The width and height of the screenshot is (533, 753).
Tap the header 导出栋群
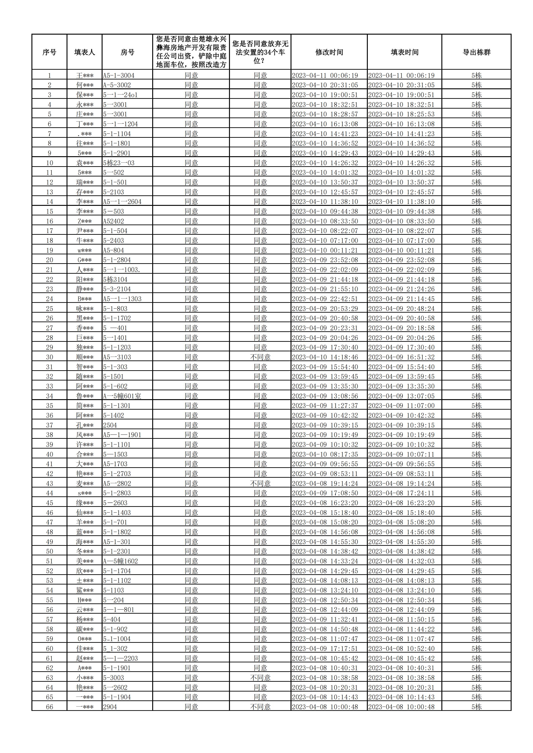point(476,52)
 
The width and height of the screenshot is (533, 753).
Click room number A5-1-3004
point(119,75)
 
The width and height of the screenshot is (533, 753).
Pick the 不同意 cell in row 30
point(260,357)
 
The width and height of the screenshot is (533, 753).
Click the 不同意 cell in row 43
point(260,483)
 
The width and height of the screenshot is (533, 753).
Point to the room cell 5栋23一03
point(119,163)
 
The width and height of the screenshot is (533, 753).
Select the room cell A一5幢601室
point(122,396)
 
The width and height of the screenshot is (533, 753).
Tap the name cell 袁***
point(85,163)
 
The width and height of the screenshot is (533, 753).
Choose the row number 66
point(49,707)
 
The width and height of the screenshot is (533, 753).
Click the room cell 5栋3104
point(115,279)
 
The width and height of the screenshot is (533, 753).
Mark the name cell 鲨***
point(85,590)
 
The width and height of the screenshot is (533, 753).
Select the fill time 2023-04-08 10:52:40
point(401,649)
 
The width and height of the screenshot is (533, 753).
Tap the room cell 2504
point(110,425)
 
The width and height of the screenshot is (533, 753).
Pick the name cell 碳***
point(85,629)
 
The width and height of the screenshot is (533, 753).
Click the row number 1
point(49,75)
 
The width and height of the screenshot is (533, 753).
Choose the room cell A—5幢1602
point(121,561)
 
